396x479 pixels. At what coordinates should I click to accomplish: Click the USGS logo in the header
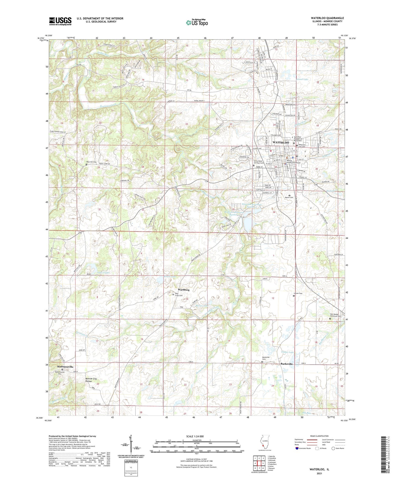point(60,21)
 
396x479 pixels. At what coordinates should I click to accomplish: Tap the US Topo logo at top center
point(197,22)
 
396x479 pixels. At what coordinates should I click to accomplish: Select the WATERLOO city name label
point(281,142)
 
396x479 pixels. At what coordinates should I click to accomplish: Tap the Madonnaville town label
point(65,367)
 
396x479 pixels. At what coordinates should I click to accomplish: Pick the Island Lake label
point(302,79)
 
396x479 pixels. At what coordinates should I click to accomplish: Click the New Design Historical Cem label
point(335,315)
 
